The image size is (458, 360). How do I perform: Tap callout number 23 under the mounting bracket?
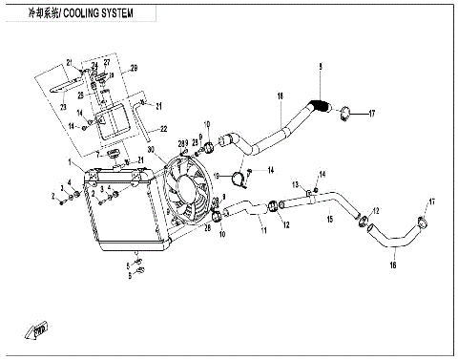coord(64,108)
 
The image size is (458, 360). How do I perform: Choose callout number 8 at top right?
coord(321,65)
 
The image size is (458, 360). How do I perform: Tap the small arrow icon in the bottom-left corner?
coord(39,331)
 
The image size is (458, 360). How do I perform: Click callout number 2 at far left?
coord(53,196)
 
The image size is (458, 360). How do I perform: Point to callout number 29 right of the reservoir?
coord(135,69)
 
